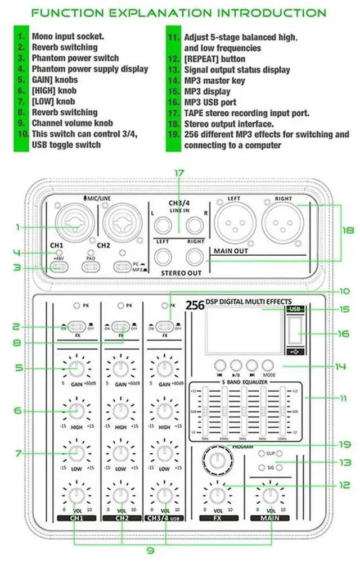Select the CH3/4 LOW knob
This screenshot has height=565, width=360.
point(164,453)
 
